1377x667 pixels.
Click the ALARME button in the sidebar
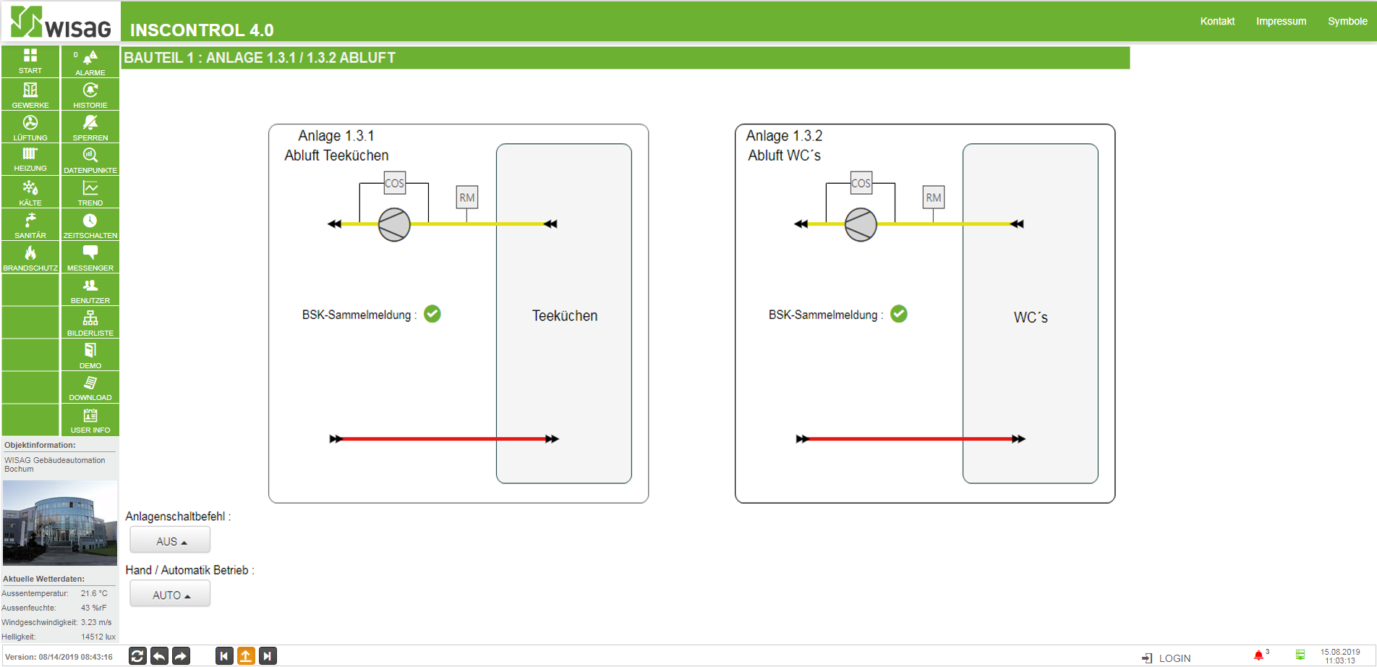[90, 61]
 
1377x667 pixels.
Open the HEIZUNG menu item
[30, 159]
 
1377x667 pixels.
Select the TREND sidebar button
[90, 192]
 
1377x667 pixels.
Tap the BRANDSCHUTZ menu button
[30, 257]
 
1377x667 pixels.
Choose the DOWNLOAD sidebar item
[90, 387]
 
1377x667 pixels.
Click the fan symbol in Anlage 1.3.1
[394, 224]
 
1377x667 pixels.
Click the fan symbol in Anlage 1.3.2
[861, 224]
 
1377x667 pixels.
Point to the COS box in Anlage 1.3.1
[394, 183]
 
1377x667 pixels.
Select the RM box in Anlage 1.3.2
[934, 197]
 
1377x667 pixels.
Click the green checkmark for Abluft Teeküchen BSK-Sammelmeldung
[432, 314]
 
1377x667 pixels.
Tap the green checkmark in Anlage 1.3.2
[899, 314]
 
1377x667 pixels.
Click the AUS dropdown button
[170, 540]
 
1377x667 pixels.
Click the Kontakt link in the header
[1217, 21]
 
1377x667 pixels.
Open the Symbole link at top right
[1347, 21]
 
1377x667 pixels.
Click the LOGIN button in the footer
[1167, 658]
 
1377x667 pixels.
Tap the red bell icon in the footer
[1258, 655]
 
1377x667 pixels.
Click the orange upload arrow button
[246, 656]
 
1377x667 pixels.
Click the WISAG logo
[61, 22]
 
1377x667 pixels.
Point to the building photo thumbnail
[60, 523]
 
